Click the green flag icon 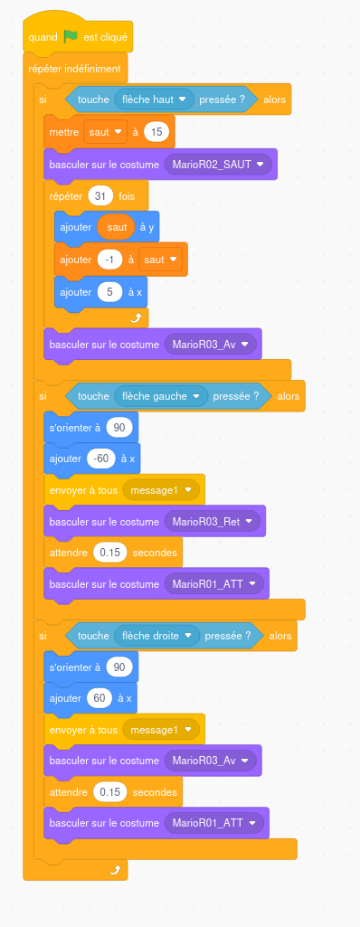[71, 37]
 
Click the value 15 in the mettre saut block [156, 132]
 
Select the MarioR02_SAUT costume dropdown [218, 165]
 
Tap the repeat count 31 [99, 195]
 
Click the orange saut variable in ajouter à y [117, 228]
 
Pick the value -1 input [109, 260]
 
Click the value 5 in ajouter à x [110, 292]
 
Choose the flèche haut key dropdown [155, 99]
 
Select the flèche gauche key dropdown [161, 396]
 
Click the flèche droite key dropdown [157, 636]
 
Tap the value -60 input [101, 459]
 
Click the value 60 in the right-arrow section [99, 698]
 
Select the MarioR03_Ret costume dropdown [213, 522]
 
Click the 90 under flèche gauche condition [119, 428]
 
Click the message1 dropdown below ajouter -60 [161, 490]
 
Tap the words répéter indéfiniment [74, 69]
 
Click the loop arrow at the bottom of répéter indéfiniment [116, 869]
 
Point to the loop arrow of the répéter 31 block [137, 318]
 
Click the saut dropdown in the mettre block [106, 132]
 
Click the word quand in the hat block [43, 37]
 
